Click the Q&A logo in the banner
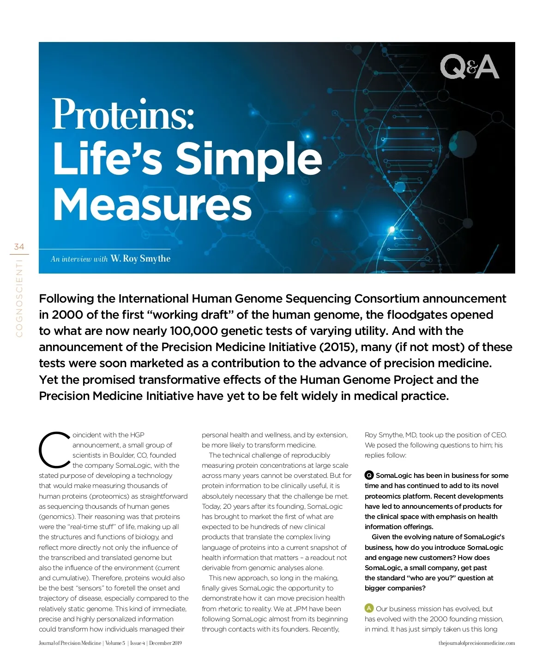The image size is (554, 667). pos(469,67)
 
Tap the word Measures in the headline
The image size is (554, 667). pos(152,204)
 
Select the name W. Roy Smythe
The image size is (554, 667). pos(140,259)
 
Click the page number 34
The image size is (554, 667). pos(19,247)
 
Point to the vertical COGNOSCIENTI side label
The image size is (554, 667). pos(19,298)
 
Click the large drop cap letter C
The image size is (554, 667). pos(54,450)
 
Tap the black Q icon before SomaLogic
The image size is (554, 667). pos(369,475)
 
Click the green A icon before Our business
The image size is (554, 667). pos(369,608)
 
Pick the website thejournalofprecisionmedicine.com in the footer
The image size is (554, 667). pos(476,643)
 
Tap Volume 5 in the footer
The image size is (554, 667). pos(115,643)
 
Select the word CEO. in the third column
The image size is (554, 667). pos(499,435)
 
